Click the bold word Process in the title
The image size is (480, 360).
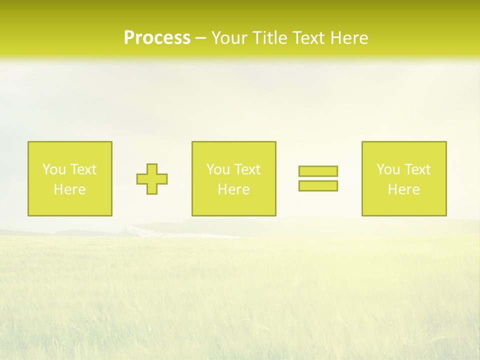(x=157, y=38)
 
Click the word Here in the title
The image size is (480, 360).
(x=351, y=38)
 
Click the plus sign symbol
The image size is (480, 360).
(x=152, y=179)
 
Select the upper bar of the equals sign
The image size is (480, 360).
(x=318, y=171)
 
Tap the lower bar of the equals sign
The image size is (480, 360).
(x=318, y=185)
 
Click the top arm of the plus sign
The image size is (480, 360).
(x=152, y=168)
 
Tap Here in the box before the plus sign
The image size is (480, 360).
(x=69, y=189)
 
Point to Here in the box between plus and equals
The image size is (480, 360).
(x=233, y=189)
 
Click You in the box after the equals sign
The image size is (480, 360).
(x=388, y=169)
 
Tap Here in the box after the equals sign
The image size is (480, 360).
(x=403, y=189)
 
